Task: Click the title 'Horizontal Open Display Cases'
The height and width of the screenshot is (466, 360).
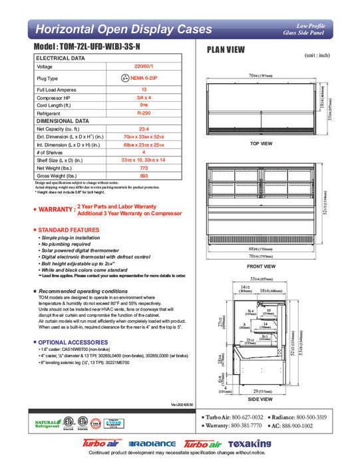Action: (123, 29)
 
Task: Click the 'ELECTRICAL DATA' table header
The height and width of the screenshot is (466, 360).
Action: (61, 59)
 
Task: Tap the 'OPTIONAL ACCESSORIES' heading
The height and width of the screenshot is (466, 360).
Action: (69, 342)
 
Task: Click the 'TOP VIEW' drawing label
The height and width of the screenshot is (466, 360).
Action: (261, 144)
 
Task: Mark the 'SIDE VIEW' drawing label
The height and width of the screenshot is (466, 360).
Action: (260, 399)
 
